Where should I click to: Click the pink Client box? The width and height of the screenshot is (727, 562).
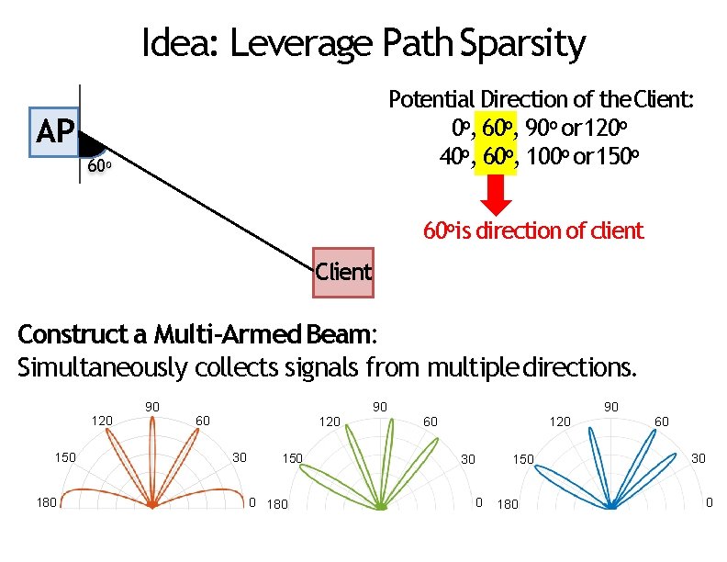[343, 272]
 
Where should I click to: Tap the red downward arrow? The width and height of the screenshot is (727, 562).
[497, 196]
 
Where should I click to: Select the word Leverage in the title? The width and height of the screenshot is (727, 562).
[313, 43]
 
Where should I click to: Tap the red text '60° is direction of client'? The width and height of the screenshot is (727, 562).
[533, 230]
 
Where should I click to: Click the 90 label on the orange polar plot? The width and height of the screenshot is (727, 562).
[153, 406]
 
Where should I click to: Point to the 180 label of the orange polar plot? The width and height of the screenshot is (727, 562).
[45, 501]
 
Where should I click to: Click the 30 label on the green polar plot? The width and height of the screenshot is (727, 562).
[467, 458]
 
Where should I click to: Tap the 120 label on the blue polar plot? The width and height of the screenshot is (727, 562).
[559, 421]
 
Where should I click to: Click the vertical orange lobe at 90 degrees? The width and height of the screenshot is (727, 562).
[153, 459]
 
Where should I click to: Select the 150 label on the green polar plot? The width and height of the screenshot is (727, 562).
[293, 457]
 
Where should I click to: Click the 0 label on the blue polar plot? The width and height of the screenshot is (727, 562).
[708, 502]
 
